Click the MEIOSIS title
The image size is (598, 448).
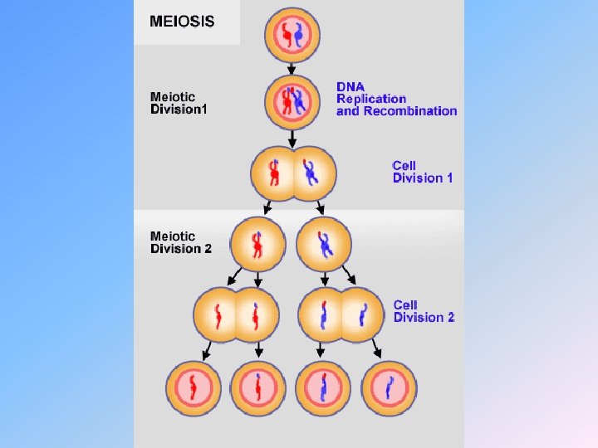pyautogui.click(x=182, y=22)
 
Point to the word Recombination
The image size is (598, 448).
pyautogui.click(x=397, y=111)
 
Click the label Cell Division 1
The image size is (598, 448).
pyautogui.click(x=423, y=172)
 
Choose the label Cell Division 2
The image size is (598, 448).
pyautogui.click(x=424, y=311)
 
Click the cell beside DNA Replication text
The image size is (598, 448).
pyautogui.click(x=292, y=101)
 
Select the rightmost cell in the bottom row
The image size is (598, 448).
pyautogui.click(x=390, y=387)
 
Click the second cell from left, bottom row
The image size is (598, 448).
pyautogui.click(x=257, y=387)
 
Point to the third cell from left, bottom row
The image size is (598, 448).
pyautogui.click(x=325, y=387)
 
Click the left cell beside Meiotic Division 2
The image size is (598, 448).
pyautogui.click(x=257, y=244)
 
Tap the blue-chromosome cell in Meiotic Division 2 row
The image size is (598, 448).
pyautogui.click(x=325, y=244)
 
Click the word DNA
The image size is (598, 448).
pyautogui.click(x=350, y=87)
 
